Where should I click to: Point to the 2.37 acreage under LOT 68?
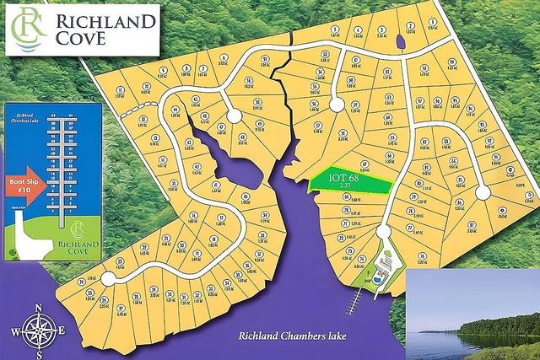[343, 186]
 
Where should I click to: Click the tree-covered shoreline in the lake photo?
[498, 325]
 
